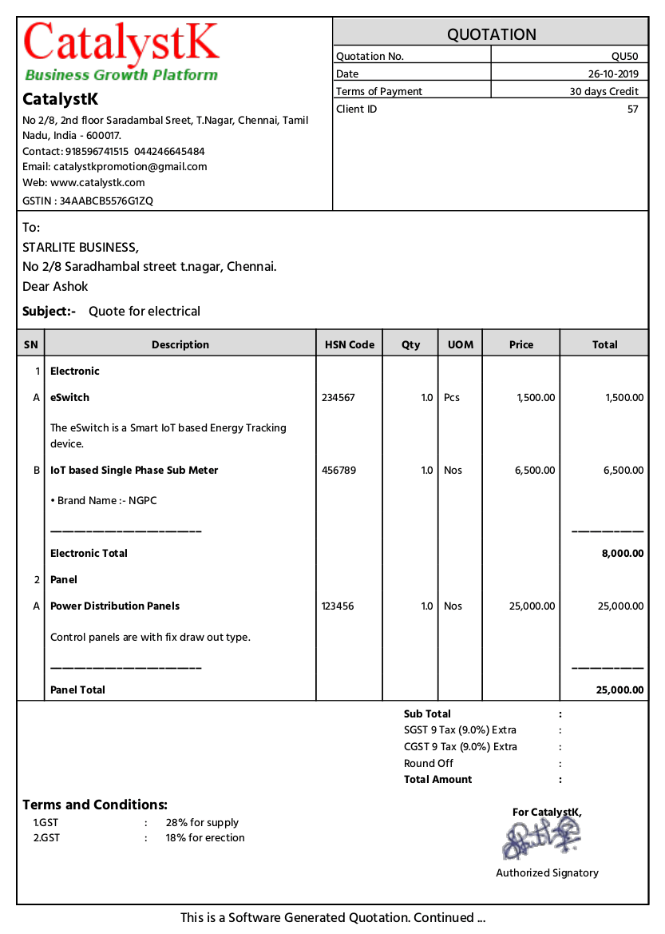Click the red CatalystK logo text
[121, 43]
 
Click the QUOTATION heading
[491, 34]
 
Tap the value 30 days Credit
[604, 91]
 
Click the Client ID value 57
[632, 109]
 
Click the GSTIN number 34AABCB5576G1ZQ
[106, 201]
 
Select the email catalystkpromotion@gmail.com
[130, 166]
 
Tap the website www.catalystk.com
[97, 182]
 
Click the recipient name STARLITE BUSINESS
[80, 247]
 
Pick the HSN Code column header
[350, 344]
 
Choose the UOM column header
[461, 344]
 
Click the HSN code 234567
[338, 397]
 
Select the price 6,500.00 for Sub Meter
[535, 470]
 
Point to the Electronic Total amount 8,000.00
[622, 553]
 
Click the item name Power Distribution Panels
[115, 606]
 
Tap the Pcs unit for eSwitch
[452, 397]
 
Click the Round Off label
[429, 763]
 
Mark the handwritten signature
[542, 840]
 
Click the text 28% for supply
[202, 822]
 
